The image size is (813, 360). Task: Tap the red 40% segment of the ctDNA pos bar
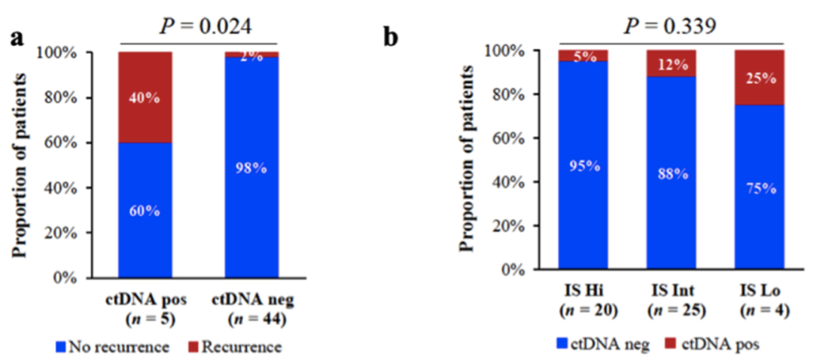click(145, 97)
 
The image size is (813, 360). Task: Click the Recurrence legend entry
click(239, 347)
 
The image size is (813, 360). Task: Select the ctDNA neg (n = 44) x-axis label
click(251, 310)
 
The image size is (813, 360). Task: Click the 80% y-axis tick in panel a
click(78, 98)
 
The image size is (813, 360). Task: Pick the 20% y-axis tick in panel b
click(519, 226)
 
